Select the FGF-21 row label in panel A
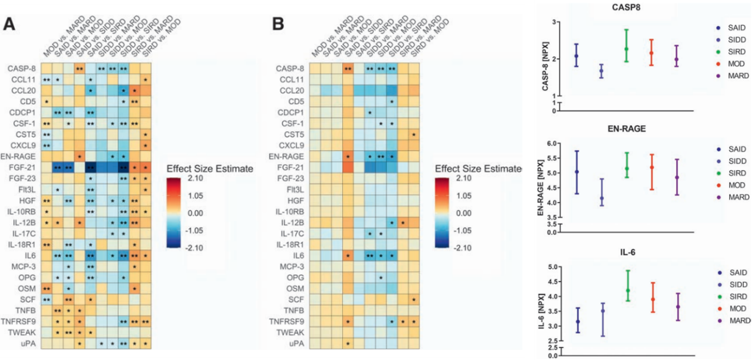[x=26, y=167]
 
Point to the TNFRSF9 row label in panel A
[x=23, y=321]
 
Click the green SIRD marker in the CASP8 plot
[x=626, y=49]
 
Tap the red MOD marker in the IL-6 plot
[x=653, y=299]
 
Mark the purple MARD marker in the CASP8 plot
[x=676, y=59]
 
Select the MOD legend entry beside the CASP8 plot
[x=732, y=64]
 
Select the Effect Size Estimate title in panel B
[x=478, y=169]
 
